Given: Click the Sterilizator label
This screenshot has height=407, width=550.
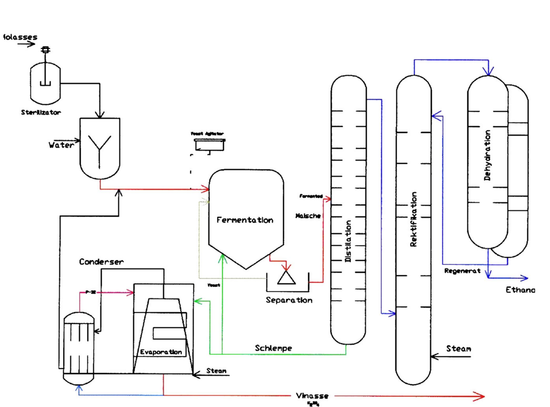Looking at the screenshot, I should point(41,112).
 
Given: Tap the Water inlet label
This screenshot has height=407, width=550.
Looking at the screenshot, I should point(61,145).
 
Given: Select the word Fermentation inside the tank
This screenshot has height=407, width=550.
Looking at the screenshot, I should point(245,220).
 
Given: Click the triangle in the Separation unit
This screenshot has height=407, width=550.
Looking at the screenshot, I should point(286,278).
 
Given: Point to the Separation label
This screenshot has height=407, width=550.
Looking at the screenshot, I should point(289,300).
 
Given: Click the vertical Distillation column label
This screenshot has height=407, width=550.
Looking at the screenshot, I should point(348,241).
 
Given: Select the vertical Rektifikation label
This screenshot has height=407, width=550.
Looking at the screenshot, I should point(413,219).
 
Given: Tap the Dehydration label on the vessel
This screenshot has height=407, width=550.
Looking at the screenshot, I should point(487,155).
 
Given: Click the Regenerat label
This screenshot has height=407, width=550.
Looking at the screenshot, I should point(462,271).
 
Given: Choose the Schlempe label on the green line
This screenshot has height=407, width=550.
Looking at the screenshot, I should point(273,348).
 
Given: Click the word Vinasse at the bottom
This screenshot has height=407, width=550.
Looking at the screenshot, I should point(312,396).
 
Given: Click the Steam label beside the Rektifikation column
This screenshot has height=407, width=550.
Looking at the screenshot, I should point(458,349).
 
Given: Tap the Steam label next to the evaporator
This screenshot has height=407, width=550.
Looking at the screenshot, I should point(216,371).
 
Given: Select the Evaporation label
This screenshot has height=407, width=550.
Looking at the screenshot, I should point(161,352).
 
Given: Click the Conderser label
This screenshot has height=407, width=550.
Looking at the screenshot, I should point(101,262).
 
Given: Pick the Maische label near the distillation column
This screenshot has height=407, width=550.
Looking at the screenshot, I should point(308,216).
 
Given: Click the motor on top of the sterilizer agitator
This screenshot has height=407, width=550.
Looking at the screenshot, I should point(46,49).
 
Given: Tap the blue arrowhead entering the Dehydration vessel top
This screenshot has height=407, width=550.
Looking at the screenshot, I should point(488,71).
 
